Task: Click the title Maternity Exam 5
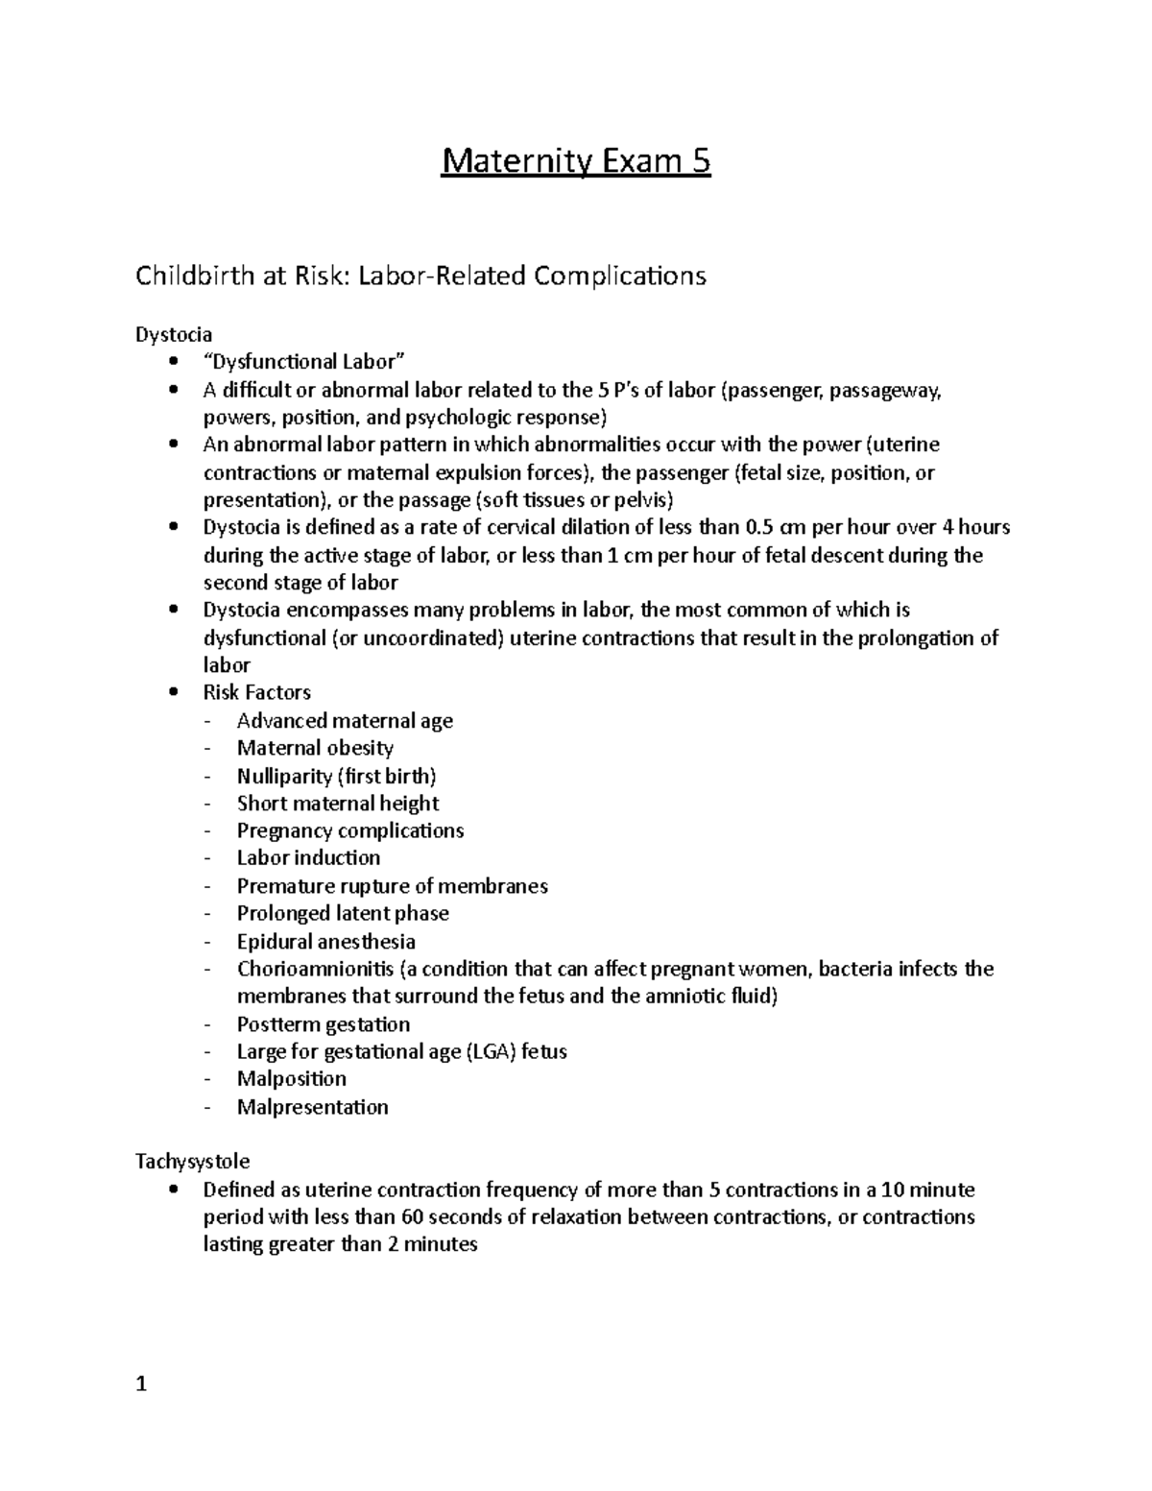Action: coord(576,161)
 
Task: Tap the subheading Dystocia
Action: coord(174,334)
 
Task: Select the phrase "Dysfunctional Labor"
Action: coord(304,362)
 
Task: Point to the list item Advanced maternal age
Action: coord(345,720)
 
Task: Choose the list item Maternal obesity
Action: coord(315,748)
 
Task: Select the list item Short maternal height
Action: coord(338,804)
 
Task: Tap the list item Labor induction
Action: coord(308,857)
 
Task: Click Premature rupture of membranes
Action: coord(392,886)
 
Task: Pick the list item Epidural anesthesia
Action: coord(326,942)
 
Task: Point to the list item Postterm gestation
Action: coord(324,1024)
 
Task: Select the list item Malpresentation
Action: coord(313,1107)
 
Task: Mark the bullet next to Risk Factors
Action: coord(173,692)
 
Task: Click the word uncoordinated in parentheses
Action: coord(418,638)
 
